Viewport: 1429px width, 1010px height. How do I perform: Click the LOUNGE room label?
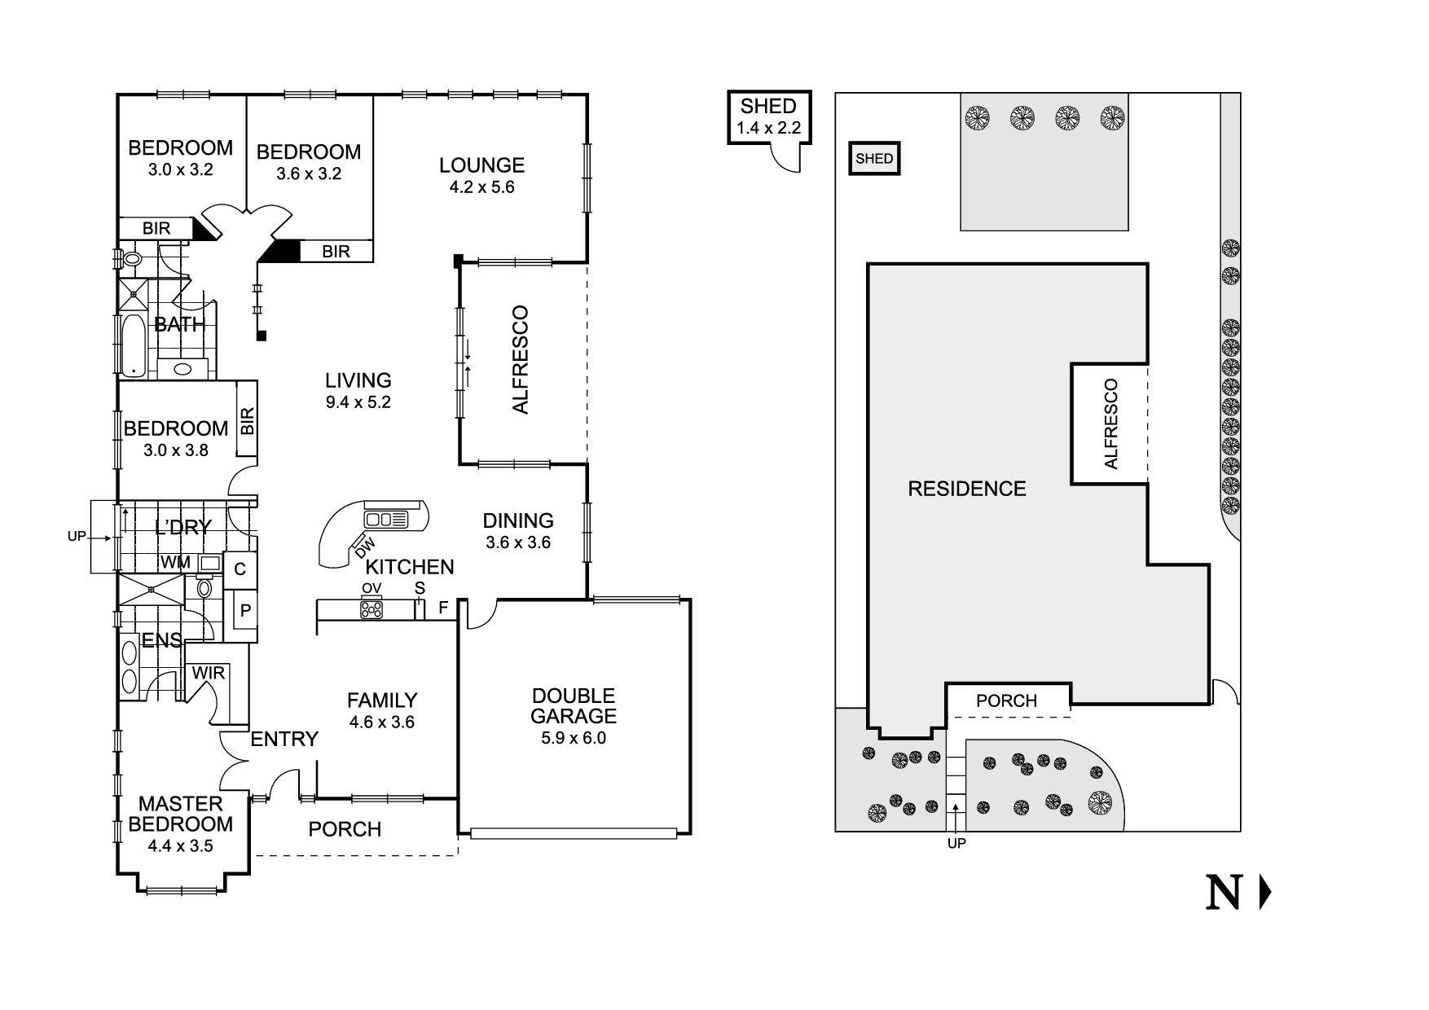[x=481, y=165]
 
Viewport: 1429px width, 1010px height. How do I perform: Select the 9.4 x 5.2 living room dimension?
[x=358, y=402]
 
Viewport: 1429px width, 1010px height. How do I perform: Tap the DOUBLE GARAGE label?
[x=574, y=706]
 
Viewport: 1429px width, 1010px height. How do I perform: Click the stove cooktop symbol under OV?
[x=372, y=608]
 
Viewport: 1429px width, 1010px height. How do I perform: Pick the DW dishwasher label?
[x=365, y=548]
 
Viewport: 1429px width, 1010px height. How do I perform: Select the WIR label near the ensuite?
[x=208, y=674]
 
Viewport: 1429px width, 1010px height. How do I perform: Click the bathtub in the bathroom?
[x=132, y=345]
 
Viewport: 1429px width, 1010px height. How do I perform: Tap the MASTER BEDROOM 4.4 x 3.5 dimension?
[x=180, y=846]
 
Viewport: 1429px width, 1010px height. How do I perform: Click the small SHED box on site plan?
[x=874, y=159]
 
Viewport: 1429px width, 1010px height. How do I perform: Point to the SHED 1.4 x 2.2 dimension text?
[x=768, y=128]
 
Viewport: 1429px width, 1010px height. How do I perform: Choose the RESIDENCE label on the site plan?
[x=967, y=489]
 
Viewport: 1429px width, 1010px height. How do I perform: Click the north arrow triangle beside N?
[x=1264, y=893]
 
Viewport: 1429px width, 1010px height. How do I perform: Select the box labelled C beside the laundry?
[x=240, y=569]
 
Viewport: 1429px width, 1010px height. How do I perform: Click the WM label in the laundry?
[x=175, y=563]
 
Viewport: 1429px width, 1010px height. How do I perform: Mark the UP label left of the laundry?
[x=77, y=538]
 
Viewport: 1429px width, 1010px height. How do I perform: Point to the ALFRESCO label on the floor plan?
[x=521, y=360]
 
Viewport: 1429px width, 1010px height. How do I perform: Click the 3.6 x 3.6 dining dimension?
[x=518, y=542]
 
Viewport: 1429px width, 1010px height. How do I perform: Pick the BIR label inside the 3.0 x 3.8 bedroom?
[x=247, y=420]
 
